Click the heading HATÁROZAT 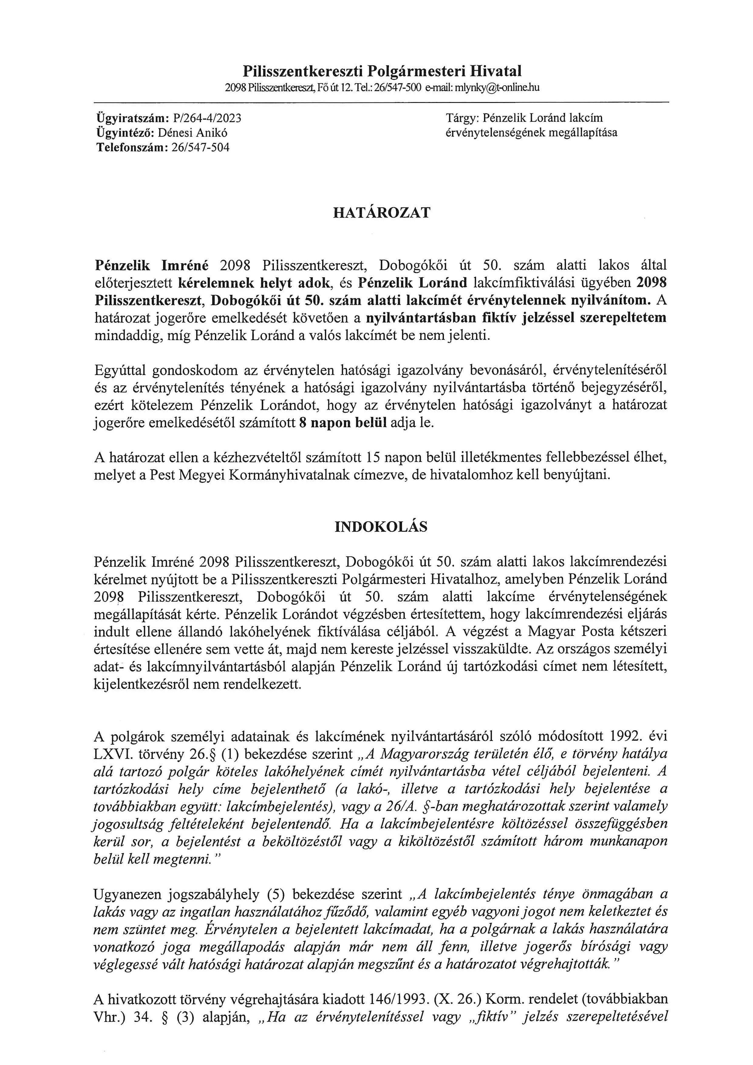(x=382, y=213)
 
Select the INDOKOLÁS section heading (x=381, y=527)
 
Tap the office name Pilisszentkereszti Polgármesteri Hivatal (x=382, y=71)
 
